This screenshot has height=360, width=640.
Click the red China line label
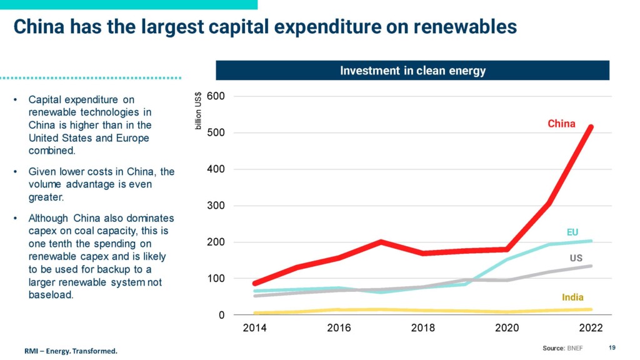[x=561, y=124]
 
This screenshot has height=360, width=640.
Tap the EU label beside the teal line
[x=572, y=232]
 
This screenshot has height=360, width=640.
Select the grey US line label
[x=576, y=257]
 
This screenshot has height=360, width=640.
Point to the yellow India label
[x=572, y=297]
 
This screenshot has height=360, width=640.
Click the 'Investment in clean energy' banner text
[x=412, y=71]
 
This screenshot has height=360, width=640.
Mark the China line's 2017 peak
[x=381, y=242]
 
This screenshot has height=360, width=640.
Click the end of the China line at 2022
[x=591, y=127]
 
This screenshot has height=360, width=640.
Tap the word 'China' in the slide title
[x=37, y=27]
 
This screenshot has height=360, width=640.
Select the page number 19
[x=612, y=347]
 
